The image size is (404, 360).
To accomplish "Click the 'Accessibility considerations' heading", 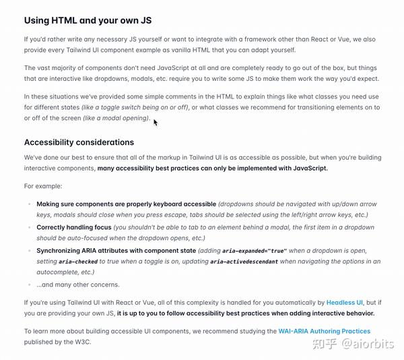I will [79, 142].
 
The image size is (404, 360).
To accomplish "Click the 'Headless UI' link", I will [345, 303].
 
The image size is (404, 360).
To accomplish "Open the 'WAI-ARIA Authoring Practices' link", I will [324, 331].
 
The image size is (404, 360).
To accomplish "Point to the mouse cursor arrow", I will [156, 122].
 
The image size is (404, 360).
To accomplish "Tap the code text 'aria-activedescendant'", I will [244, 262].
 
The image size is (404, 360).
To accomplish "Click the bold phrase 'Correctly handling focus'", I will [74, 227].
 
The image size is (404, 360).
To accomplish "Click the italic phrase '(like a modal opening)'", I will [116, 119].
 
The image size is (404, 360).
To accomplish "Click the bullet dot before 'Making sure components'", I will [28, 204].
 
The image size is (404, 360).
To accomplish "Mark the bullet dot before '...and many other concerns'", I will [28, 284].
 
